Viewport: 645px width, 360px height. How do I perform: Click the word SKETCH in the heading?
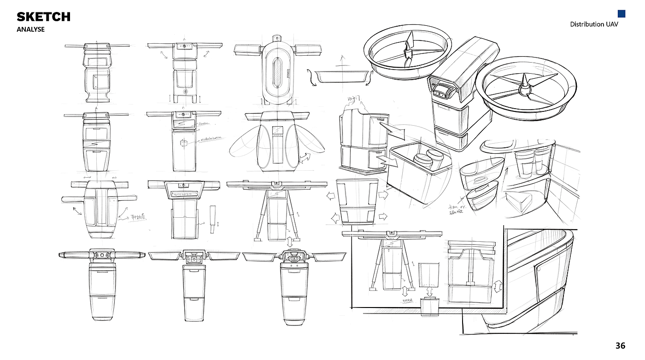point(43,17)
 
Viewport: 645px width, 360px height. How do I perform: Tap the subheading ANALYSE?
point(30,29)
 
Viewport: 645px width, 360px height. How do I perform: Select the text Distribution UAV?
point(594,24)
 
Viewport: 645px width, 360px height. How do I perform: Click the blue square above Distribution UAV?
point(622,14)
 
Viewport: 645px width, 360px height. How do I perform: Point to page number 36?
point(620,346)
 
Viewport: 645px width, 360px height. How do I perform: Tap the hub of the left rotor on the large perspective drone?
point(407,52)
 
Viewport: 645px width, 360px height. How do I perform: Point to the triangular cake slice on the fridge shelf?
point(519,201)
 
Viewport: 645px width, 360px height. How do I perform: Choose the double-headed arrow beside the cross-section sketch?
point(497,286)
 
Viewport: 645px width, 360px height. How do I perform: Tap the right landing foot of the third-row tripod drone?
point(297,239)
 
